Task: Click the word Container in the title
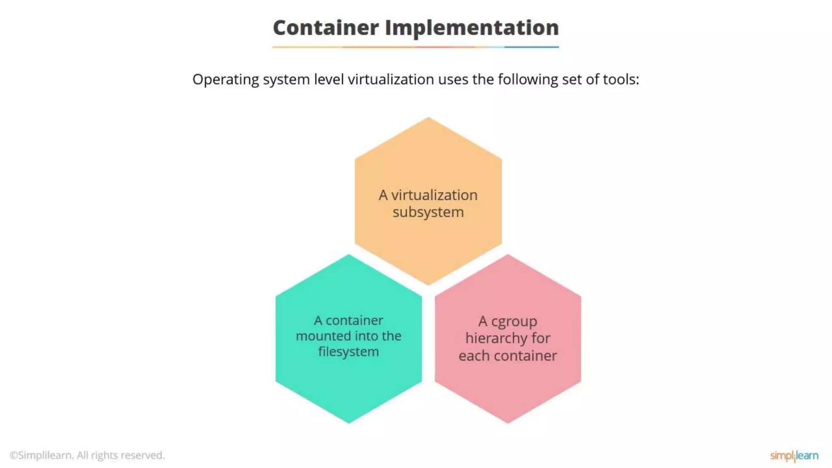[325, 28]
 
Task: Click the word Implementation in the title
[472, 28]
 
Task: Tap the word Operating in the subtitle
[225, 80]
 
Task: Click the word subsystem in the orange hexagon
[428, 212]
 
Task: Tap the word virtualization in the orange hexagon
[434, 195]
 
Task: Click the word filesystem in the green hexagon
[349, 351]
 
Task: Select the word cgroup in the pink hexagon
[514, 321]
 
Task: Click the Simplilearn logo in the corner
[794, 455]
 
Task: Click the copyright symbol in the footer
[13, 455]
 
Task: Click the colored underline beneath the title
[416, 47]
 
